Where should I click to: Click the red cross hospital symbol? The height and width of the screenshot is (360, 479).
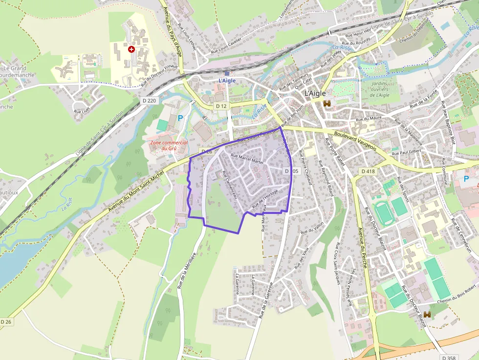[x=131, y=49]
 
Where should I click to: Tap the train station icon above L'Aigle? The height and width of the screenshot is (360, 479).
[x=227, y=73]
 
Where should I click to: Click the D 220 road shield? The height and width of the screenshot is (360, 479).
[x=151, y=101]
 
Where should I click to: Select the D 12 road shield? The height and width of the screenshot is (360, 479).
[x=221, y=106]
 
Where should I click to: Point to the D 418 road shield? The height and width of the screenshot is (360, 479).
[x=368, y=171]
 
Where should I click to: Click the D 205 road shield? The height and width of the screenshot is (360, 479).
[x=291, y=171]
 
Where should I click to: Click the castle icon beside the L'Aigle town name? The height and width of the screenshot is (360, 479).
[x=327, y=104]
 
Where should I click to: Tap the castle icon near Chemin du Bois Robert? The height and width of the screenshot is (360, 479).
[x=427, y=315]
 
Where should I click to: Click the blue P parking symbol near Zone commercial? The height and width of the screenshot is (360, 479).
[x=180, y=118]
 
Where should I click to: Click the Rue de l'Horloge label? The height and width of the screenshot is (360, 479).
[x=265, y=200]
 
